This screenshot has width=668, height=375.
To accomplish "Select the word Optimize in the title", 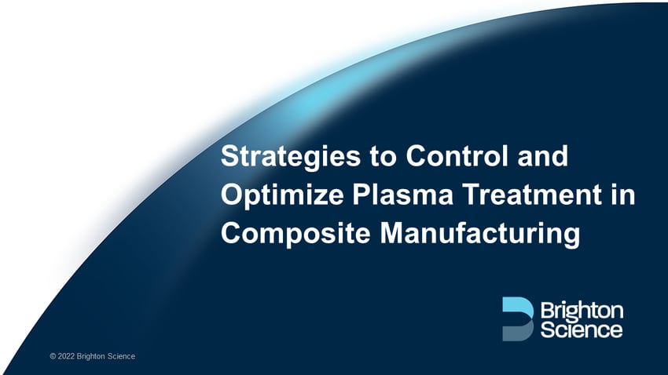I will tap(273, 195).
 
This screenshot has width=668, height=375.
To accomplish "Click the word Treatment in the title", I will tap(526, 195).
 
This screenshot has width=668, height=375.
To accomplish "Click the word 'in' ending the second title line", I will tap(623, 195).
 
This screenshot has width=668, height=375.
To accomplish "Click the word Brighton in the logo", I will tap(582, 309).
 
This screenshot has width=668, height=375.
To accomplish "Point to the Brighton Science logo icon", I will tap(517, 319).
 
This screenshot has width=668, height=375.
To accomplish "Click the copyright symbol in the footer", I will tap(52, 357).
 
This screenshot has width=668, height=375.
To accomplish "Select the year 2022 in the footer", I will tap(66, 357).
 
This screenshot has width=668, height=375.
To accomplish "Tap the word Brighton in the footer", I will tap(92, 357).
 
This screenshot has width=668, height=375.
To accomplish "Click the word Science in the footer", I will tap(122, 357).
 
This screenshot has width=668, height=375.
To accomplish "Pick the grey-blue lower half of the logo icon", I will tap(517, 331).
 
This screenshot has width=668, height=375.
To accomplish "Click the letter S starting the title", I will tap(229, 157).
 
